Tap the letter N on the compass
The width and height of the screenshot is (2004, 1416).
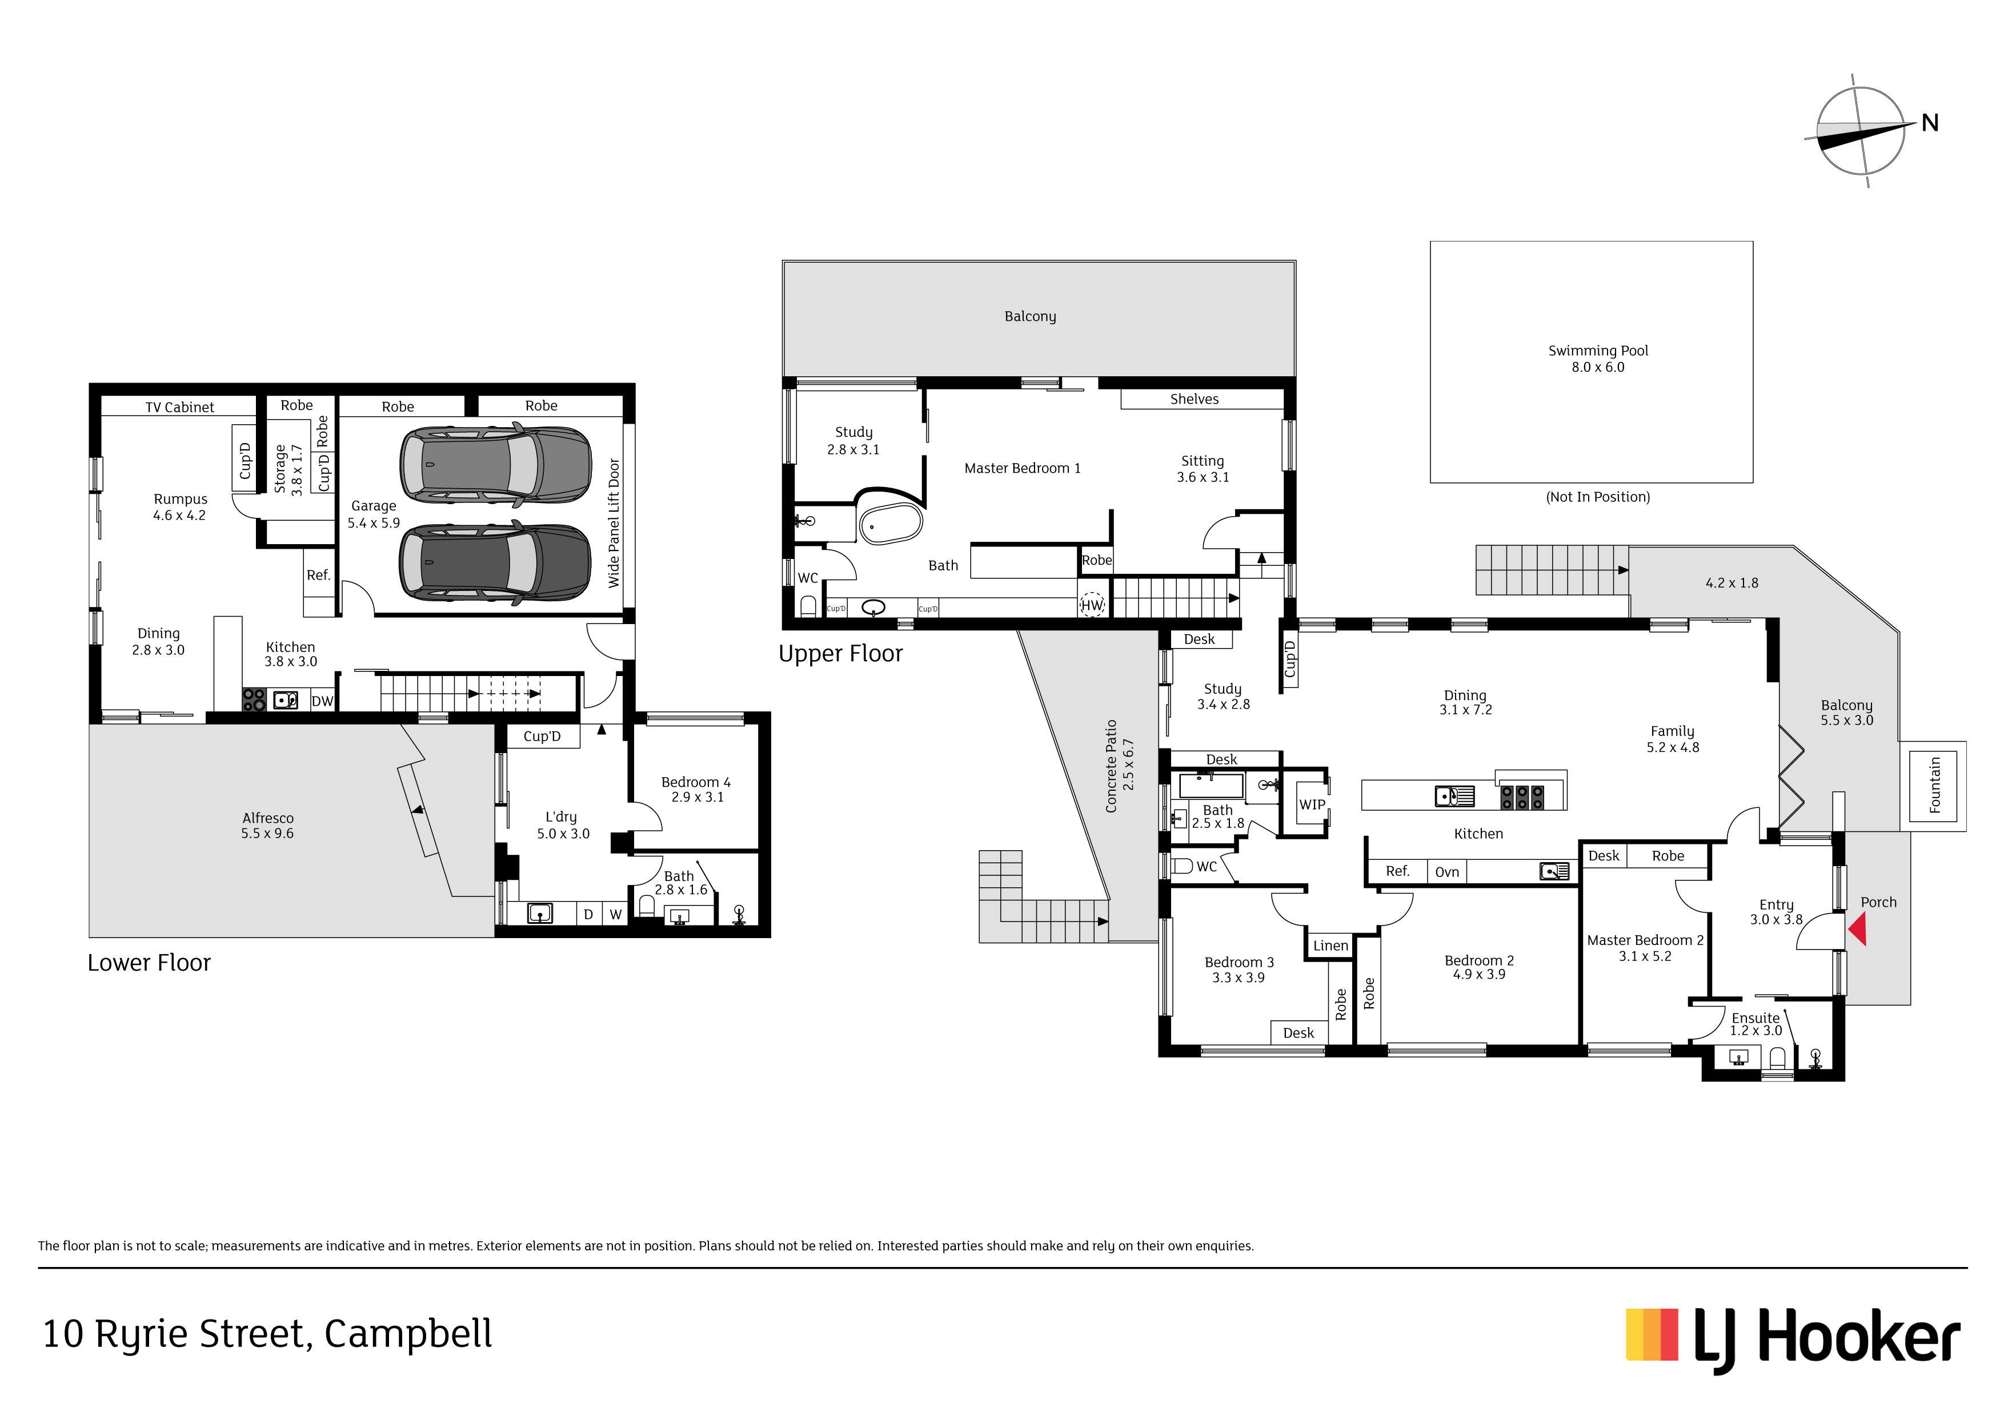point(1930,123)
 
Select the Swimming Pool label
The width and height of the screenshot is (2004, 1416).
point(1598,351)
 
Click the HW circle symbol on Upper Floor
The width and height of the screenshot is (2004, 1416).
point(1092,605)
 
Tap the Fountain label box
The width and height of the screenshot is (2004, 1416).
point(1935,785)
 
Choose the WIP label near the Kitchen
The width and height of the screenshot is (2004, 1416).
point(1312,804)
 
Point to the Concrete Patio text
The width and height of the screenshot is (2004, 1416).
point(1111,766)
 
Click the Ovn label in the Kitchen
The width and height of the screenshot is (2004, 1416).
point(1447,872)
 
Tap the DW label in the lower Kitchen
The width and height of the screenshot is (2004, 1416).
point(322,701)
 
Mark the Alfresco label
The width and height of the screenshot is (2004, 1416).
point(268,818)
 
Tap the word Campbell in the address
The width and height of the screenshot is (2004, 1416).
point(408,1334)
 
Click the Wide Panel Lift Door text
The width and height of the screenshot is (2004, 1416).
point(614,522)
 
